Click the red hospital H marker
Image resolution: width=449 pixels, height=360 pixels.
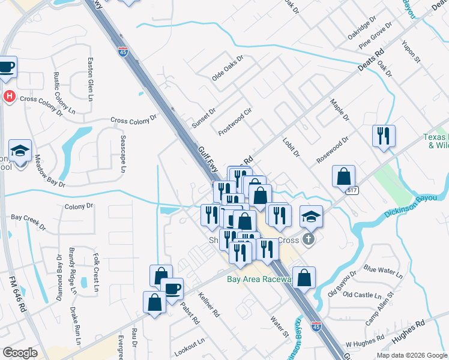coord(10,96)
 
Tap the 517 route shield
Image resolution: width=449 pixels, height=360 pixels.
coord(352,190)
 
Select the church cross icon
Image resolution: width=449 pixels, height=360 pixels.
coord(308,241)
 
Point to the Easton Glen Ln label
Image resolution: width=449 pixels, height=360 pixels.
coord(91,79)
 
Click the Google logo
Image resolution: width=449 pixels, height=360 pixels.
coord(20,353)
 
